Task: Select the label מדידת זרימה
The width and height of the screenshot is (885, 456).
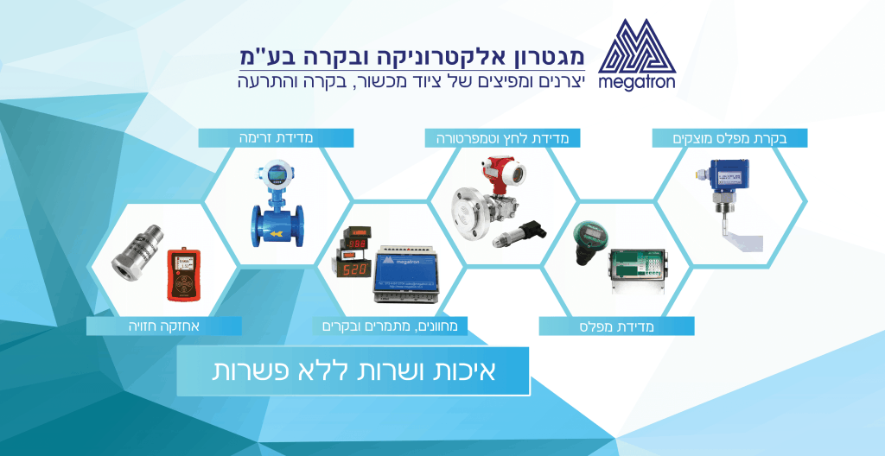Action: click(276, 137)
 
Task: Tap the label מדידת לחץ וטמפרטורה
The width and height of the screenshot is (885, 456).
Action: click(503, 137)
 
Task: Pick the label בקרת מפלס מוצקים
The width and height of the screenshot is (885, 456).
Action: click(729, 137)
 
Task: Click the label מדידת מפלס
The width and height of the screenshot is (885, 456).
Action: click(616, 326)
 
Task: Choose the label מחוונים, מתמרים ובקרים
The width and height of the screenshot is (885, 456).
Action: click(390, 326)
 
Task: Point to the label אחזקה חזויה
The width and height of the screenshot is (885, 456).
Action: click(162, 326)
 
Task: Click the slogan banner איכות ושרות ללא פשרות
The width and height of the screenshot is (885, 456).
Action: click(353, 370)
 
